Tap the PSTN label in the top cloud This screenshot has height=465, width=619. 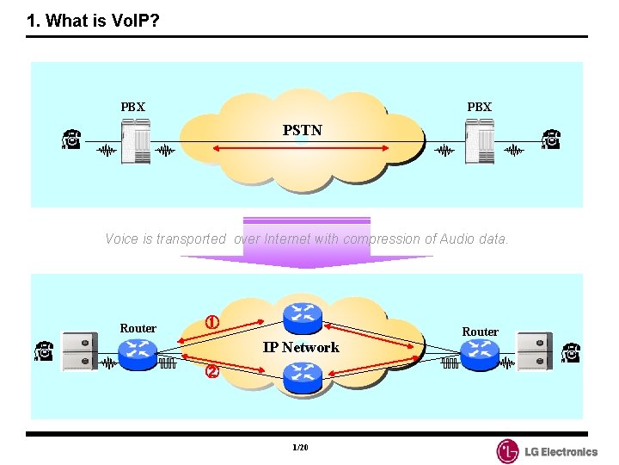303,130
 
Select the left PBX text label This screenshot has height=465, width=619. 133,107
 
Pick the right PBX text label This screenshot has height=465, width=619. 479,107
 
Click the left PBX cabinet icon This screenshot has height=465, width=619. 136,140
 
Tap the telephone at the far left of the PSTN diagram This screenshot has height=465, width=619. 71,139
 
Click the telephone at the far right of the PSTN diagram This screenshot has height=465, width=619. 550,139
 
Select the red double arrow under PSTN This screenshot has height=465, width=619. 301,149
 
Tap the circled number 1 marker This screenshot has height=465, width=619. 211,323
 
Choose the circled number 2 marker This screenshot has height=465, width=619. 211,373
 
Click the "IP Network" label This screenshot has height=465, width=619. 301,347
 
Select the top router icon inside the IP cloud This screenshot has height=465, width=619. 302,316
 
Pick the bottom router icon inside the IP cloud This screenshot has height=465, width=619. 302,376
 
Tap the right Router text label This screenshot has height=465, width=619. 480,332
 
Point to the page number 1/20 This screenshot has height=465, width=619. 300,449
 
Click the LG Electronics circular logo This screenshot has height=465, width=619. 508,451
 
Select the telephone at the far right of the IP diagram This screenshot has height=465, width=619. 570,352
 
